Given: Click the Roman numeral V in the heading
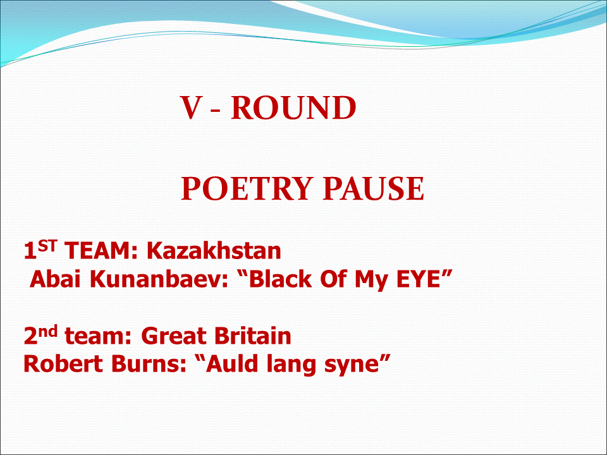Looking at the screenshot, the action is tap(191, 107).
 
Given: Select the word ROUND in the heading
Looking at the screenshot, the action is tap(293, 107).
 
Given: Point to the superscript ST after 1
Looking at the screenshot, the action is tap(47, 246).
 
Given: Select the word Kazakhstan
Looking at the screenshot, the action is tap(214, 250).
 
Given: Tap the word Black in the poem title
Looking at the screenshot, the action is tap(281, 279).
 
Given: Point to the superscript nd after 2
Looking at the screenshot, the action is tap(47, 331).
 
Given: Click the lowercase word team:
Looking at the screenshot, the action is tap(99, 336).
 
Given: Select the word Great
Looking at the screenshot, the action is tap(174, 336).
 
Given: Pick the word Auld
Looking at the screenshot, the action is tap(231, 364).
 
